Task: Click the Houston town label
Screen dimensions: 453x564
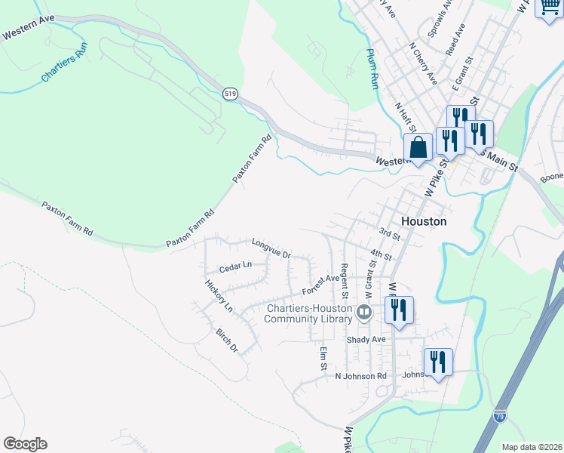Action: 424,222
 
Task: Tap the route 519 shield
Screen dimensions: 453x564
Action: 231,94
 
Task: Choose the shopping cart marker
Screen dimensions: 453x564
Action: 548,8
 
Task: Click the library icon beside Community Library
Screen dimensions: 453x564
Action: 365,312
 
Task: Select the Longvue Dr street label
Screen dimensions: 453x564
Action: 271,248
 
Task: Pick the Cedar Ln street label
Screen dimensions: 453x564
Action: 234,267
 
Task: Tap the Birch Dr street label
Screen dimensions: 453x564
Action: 227,341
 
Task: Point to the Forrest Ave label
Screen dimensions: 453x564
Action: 321,285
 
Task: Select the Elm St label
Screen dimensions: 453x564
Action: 323,357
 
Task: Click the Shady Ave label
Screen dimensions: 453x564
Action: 366,340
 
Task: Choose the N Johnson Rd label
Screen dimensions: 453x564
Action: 360,375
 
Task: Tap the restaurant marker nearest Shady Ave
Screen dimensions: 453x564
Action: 399,310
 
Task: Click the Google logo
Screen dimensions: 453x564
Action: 25,444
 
